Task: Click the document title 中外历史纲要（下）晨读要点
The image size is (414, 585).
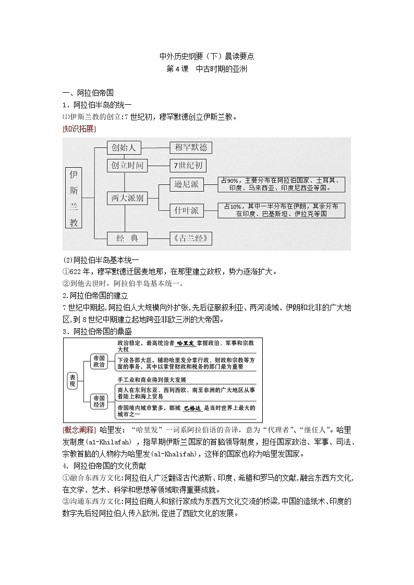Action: point(206,56)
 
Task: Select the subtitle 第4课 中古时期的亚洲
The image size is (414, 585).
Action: point(206,69)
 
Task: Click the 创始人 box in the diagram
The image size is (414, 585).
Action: point(124,148)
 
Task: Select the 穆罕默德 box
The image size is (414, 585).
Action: point(191,148)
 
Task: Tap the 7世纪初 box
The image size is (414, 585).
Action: point(188,166)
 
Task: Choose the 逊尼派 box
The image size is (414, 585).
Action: point(187,184)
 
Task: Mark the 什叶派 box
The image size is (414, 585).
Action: point(187,210)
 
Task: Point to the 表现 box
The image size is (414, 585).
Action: point(72,381)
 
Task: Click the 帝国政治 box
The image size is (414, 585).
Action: point(99,362)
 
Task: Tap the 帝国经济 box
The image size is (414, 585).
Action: point(99,401)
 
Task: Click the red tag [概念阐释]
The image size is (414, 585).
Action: point(78,430)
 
